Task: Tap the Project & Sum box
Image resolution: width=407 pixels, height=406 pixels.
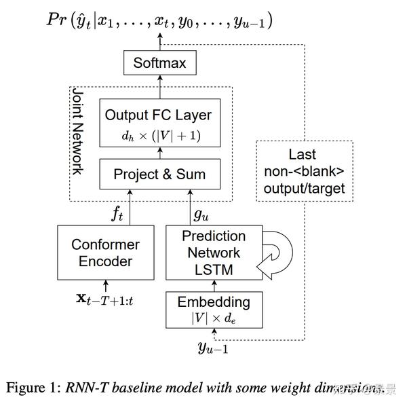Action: (159, 174)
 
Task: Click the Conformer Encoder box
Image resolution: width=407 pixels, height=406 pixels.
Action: (105, 253)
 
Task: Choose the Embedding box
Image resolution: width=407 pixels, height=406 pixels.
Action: (214, 309)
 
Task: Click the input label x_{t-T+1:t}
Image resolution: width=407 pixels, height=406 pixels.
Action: (104, 299)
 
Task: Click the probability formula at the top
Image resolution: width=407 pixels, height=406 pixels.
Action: (159, 20)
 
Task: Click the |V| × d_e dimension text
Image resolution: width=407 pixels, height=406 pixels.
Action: (214, 317)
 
